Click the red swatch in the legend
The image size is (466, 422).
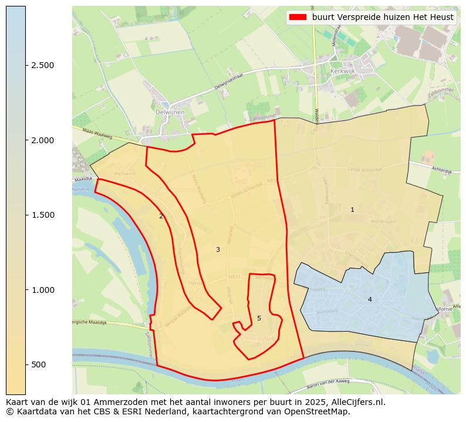click(298, 18)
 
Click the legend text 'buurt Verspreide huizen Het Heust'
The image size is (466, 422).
click(383, 18)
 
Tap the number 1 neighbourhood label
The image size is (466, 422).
click(352, 210)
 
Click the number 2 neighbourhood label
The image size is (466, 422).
click(161, 216)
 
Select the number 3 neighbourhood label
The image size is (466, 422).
click(218, 249)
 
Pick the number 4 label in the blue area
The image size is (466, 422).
click(370, 299)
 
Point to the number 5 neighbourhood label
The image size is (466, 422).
click(259, 318)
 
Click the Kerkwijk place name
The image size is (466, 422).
click(344, 70)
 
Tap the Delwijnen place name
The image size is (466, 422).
click(170, 112)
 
